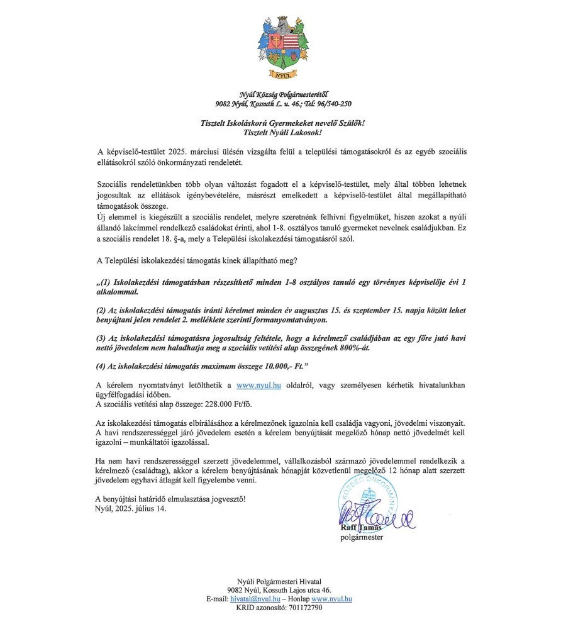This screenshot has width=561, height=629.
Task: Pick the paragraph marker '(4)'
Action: coord(103,365)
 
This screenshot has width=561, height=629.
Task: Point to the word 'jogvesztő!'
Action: coord(224,499)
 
